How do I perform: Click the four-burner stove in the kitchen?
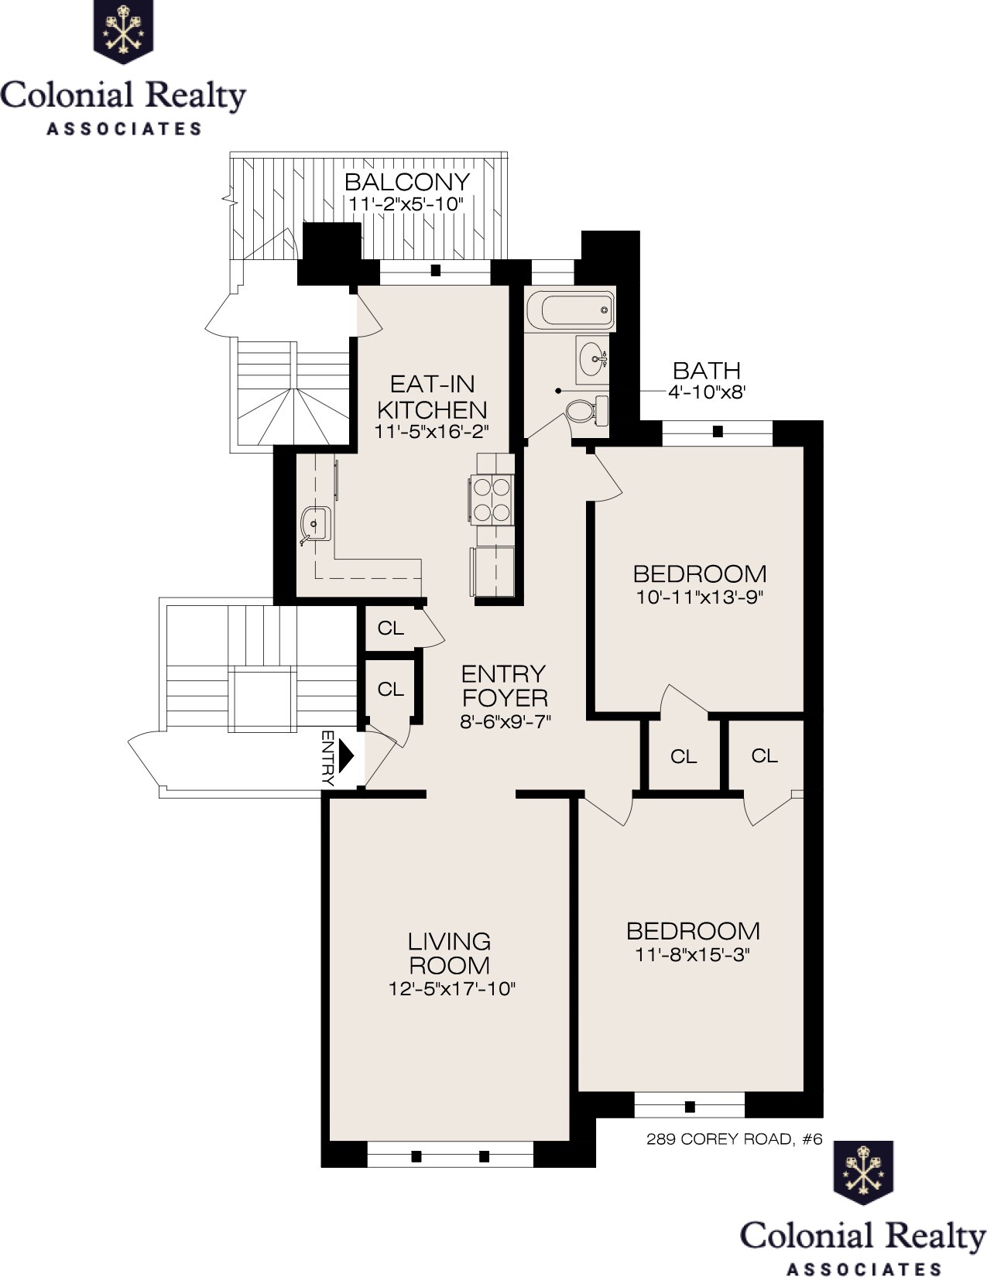pos(492,499)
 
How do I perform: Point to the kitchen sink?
pos(317,524)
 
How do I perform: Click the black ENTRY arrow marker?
pos(346,756)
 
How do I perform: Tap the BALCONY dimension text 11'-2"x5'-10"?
pos(406,204)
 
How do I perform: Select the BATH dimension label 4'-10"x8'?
pos(706,392)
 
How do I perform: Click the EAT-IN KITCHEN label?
pos(432,396)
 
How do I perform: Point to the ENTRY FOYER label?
pos(504,686)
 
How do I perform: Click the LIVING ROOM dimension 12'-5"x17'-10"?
pos(451,988)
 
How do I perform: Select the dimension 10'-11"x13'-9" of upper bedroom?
pos(699,597)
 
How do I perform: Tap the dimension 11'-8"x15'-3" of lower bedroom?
pos(693,954)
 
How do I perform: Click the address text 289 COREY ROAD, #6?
pos(733,1139)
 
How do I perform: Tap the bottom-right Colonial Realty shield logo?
pos(862,1173)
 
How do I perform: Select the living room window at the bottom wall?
pos(450,1156)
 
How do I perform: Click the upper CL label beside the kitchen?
pos(391,628)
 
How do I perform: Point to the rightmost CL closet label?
pos(764,755)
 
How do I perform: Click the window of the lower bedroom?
pos(689,1105)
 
